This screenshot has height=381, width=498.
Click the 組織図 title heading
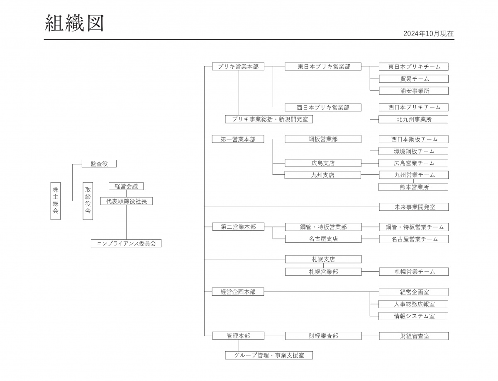click(x=74, y=23)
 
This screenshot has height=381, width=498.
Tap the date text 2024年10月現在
click(x=428, y=34)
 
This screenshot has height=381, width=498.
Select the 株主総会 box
click(x=56, y=201)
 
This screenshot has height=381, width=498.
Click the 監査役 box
click(x=99, y=164)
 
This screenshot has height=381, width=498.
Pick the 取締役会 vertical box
click(x=88, y=201)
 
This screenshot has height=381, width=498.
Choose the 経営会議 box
click(x=126, y=186)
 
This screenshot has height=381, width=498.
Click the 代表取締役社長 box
click(x=127, y=201)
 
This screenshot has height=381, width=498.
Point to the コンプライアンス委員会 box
click(x=126, y=244)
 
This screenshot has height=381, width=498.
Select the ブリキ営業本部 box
click(x=238, y=66)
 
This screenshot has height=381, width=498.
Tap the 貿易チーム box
click(x=414, y=79)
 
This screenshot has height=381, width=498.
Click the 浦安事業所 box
click(x=414, y=91)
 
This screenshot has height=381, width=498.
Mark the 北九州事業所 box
click(x=413, y=119)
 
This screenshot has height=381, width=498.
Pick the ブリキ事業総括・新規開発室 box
click(x=269, y=119)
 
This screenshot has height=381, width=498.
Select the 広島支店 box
click(x=323, y=163)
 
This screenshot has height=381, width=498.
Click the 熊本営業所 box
click(x=413, y=187)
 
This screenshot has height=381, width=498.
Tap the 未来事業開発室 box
click(x=414, y=207)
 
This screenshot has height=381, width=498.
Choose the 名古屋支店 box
click(x=323, y=239)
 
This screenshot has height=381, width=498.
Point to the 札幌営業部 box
click(x=323, y=272)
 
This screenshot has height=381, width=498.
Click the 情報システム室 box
click(x=413, y=316)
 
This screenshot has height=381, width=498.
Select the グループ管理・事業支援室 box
click(x=269, y=355)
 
